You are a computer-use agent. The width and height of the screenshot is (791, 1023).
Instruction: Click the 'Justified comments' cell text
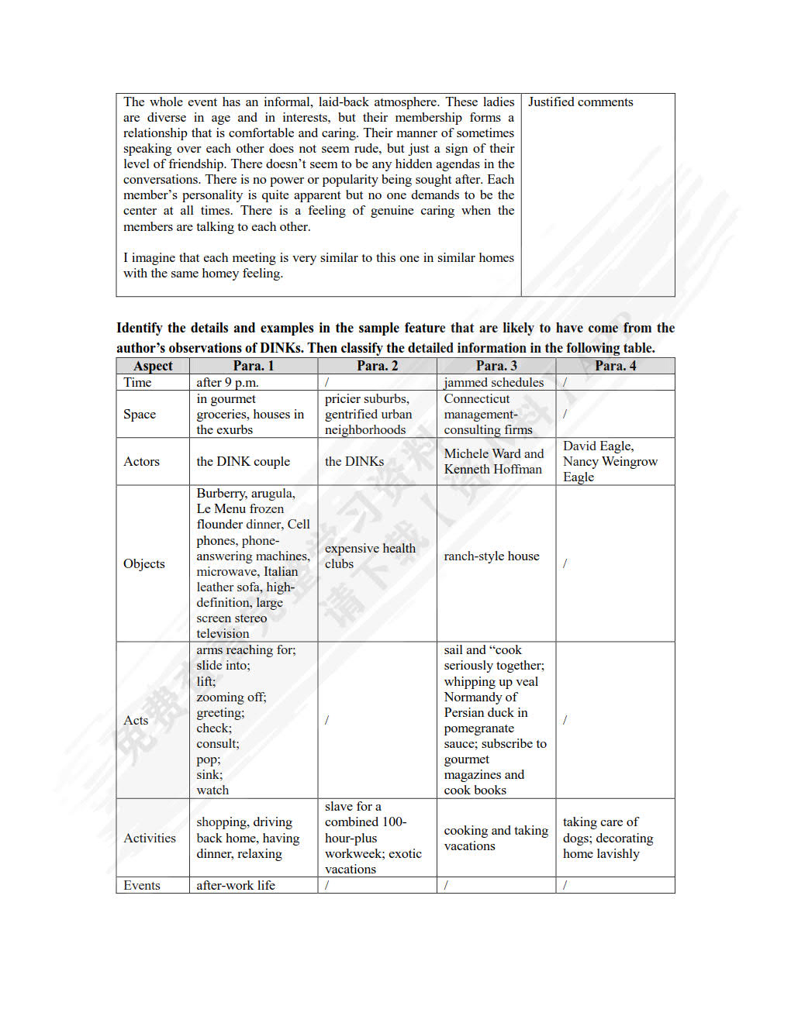point(580,102)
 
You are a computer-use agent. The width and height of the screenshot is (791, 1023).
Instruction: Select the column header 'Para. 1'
point(254,366)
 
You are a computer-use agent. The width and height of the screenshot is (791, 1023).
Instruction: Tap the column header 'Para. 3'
point(496,366)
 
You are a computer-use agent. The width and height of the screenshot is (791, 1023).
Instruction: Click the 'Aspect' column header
point(153,366)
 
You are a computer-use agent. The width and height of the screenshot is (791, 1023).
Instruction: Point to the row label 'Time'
point(137,382)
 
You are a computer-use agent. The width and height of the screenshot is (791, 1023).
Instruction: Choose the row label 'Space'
point(140,414)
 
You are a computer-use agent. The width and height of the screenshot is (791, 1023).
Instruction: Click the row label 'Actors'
point(141,461)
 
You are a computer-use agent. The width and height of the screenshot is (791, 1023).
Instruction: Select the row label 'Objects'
point(144,563)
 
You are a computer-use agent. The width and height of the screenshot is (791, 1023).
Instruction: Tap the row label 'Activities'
point(150,838)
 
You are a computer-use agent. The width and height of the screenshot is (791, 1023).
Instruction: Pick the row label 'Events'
point(142,885)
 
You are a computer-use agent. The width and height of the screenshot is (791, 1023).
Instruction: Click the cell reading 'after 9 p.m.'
point(227,382)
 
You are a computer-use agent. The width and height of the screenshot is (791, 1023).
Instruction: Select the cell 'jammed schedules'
point(494,382)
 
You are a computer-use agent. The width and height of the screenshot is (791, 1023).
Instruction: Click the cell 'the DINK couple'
point(243,461)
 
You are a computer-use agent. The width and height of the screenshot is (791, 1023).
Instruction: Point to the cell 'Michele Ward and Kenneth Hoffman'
point(494,461)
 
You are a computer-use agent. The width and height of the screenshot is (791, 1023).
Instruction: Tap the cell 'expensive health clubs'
point(370,556)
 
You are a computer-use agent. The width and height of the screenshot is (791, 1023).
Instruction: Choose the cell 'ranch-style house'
point(492,556)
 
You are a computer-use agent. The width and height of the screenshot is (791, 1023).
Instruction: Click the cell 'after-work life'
point(236,885)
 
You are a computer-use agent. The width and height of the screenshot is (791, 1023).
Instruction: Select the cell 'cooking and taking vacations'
point(496,838)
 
